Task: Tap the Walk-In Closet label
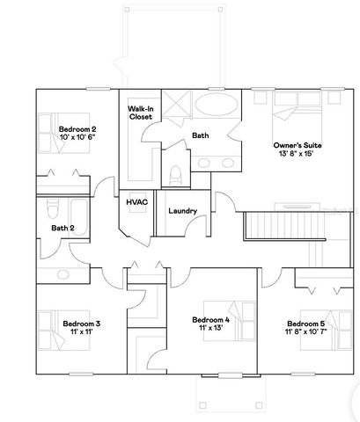pyautogui.click(x=143, y=112)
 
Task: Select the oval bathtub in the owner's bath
pyautogui.click(x=214, y=108)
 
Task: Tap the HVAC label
pyautogui.click(x=136, y=202)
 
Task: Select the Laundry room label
pyautogui.click(x=181, y=211)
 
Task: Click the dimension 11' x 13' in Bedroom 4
pyautogui.click(x=210, y=328)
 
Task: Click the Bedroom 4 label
pyautogui.click(x=210, y=319)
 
